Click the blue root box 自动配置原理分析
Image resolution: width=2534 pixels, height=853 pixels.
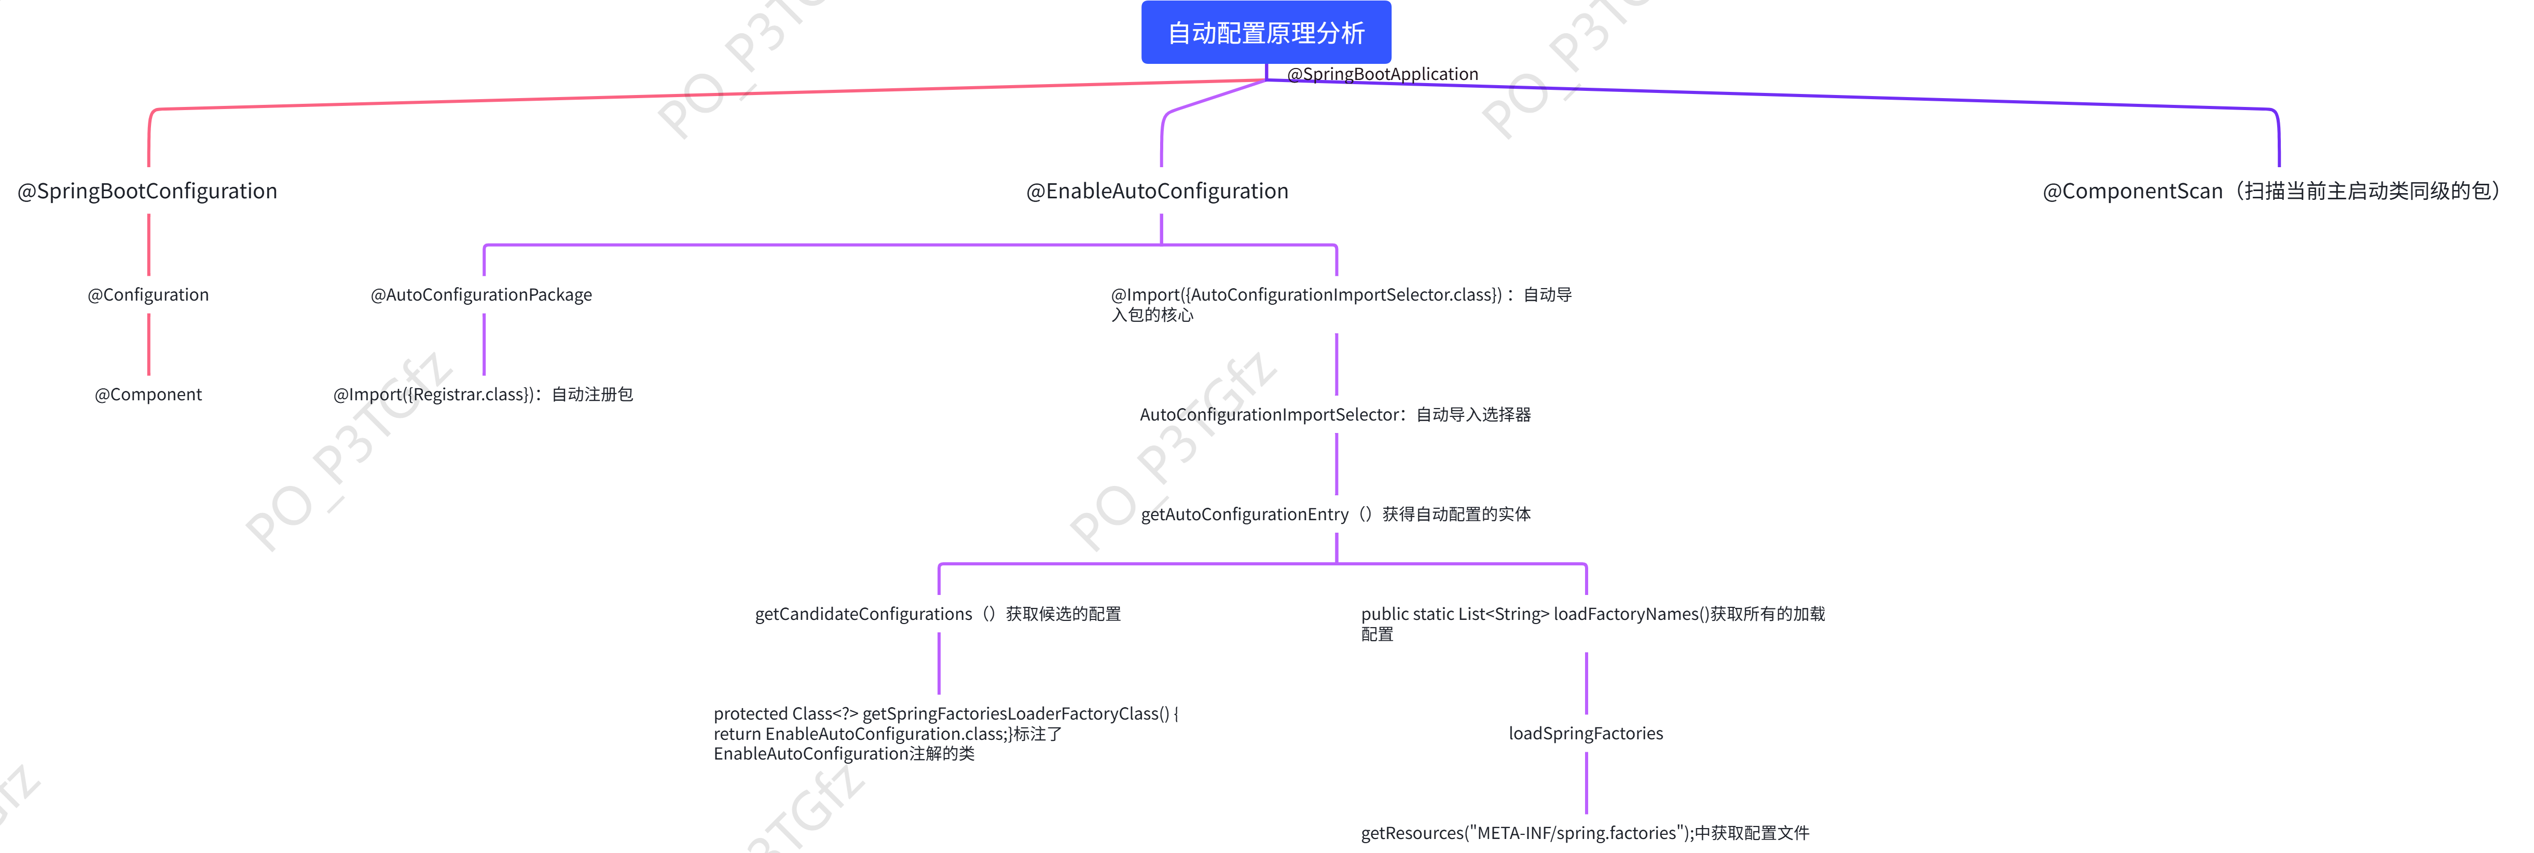click(1266, 33)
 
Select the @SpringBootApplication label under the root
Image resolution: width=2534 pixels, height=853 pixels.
click(1382, 74)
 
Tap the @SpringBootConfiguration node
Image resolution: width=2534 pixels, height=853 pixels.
click(147, 191)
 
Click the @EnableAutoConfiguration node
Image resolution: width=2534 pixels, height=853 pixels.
click(1157, 191)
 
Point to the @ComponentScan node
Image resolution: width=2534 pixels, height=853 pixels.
click(2273, 191)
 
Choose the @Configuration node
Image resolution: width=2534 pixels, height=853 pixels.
click(148, 294)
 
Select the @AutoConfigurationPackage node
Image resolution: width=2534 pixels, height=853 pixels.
click(481, 294)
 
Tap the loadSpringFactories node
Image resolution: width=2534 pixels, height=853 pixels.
click(1586, 733)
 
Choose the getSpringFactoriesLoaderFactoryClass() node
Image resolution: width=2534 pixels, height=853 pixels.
click(944, 733)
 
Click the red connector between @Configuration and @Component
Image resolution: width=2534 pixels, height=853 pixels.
click(148, 344)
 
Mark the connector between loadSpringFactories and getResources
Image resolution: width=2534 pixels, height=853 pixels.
click(1587, 783)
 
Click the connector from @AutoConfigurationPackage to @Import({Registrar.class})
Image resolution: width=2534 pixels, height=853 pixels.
click(484, 344)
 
